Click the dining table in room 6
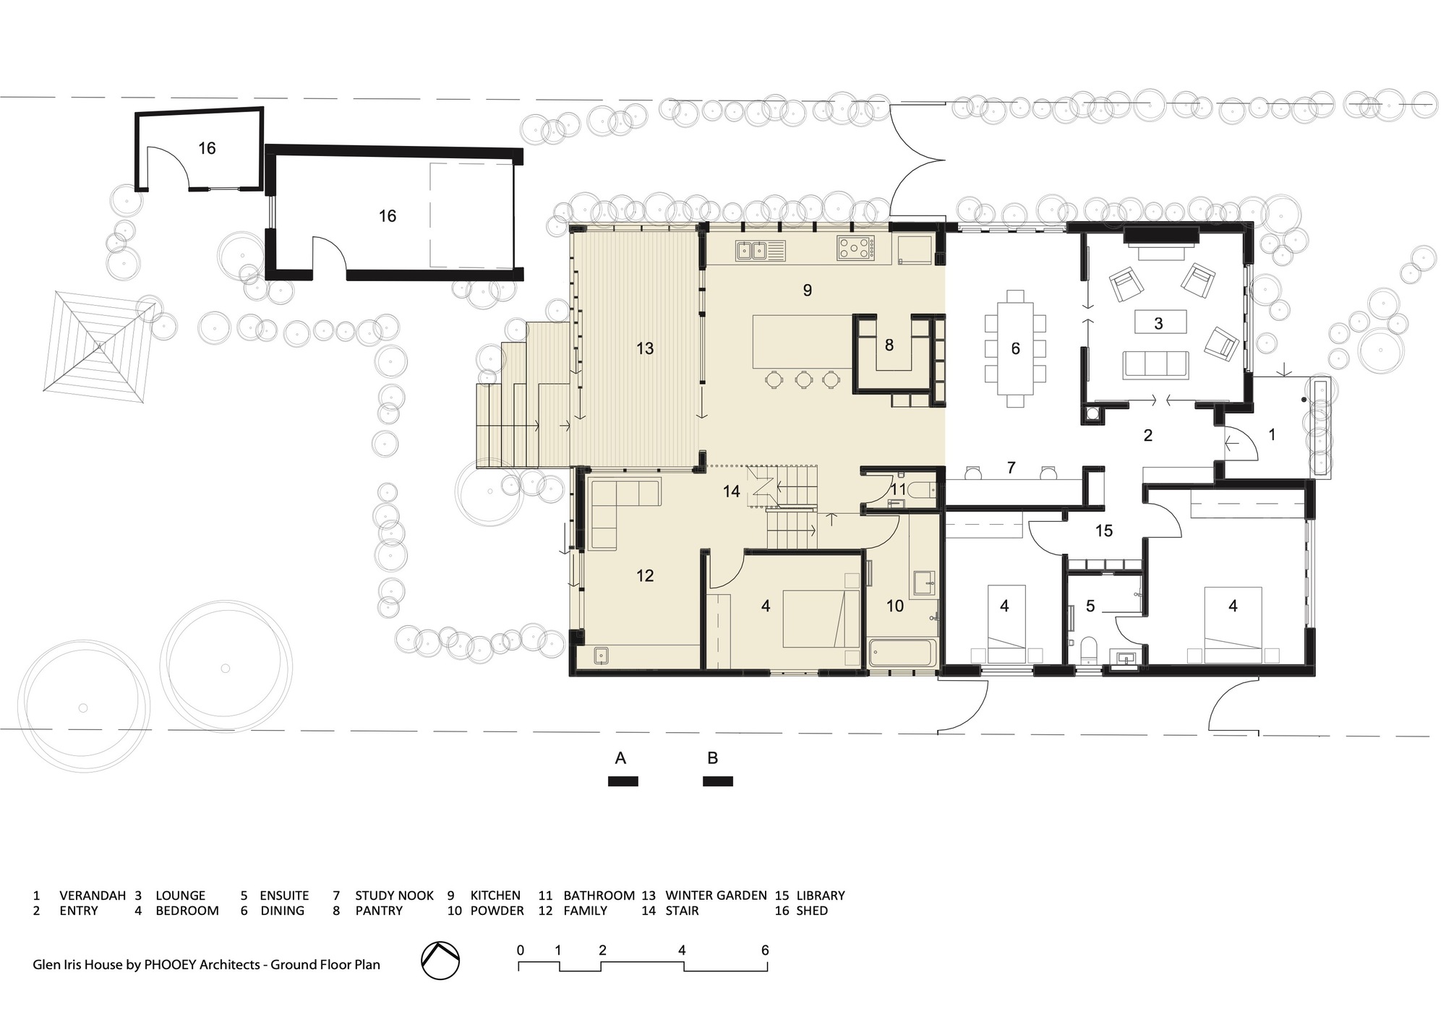point(1015,348)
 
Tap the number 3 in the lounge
point(1158,323)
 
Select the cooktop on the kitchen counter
point(855,248)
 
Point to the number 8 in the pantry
point(889,345)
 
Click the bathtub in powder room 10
point(902,653)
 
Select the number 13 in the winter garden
point(645,348)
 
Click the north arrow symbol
point(440,960)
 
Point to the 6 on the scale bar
point(765,950)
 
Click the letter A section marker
point(620,758)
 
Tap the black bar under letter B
point(718,781)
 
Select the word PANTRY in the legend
point(378,911)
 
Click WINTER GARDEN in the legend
point(716,896)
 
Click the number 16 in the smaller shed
point(207,148)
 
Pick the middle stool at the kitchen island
point(803,379)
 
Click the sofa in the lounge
point(1155,364)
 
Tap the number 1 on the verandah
point(1272,434)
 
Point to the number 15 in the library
point(1103,531)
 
